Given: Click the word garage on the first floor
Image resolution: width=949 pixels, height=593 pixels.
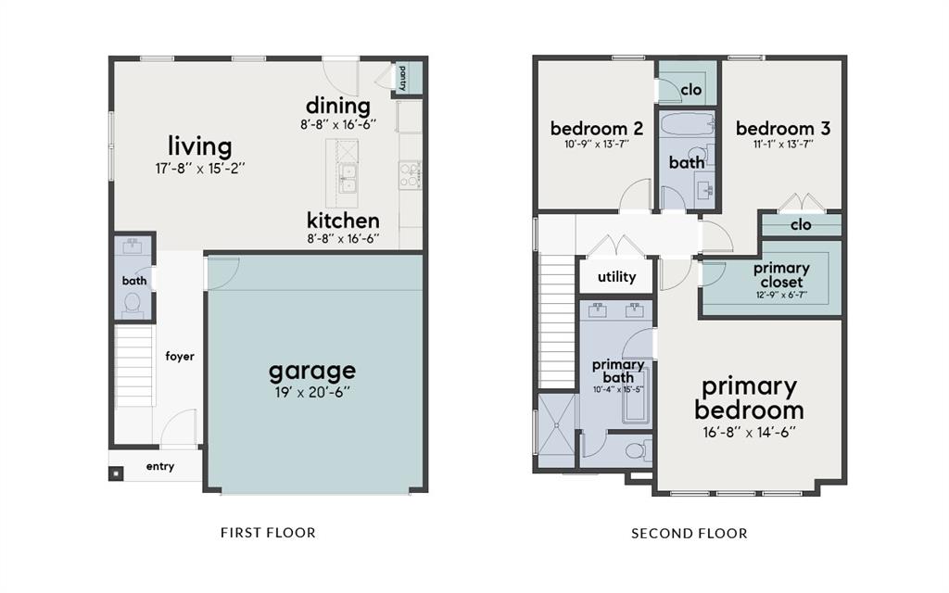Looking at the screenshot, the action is click(311, 371).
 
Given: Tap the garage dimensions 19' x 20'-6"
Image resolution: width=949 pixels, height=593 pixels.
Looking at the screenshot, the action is click(311, 393).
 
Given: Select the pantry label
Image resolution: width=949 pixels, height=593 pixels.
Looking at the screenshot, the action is click(402, 78).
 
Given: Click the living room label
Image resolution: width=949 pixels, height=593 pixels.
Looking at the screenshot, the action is click(200, 145).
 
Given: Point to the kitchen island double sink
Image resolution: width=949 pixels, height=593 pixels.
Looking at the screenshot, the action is click(348, 178).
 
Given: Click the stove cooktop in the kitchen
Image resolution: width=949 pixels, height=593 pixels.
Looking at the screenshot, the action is click(410, 174).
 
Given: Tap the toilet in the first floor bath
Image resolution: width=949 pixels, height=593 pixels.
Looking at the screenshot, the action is click(133, 304).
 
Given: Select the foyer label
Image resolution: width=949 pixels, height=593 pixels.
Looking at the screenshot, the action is click(180, 357).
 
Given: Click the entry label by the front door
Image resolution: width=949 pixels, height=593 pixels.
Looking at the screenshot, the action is click(159, 467).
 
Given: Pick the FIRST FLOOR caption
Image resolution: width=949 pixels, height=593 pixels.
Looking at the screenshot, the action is click(268, 533).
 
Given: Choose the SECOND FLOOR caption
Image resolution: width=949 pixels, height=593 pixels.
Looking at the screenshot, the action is click(690, 533).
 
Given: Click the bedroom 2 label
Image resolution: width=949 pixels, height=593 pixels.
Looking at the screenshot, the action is click(597, 128).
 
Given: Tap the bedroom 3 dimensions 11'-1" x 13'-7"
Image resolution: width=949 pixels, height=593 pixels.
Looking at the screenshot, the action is click(783, 145).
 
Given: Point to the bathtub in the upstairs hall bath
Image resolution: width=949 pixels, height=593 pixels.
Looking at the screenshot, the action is click(687, 125).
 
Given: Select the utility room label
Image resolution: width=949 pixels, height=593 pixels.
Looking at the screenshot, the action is click(616, 277).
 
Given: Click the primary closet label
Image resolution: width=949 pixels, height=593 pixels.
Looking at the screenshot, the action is click(781, 275).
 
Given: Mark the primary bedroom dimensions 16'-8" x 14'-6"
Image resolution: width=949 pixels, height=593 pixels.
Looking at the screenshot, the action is click(749, 433).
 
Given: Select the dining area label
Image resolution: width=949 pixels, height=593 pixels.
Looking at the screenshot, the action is click(338, 106).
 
